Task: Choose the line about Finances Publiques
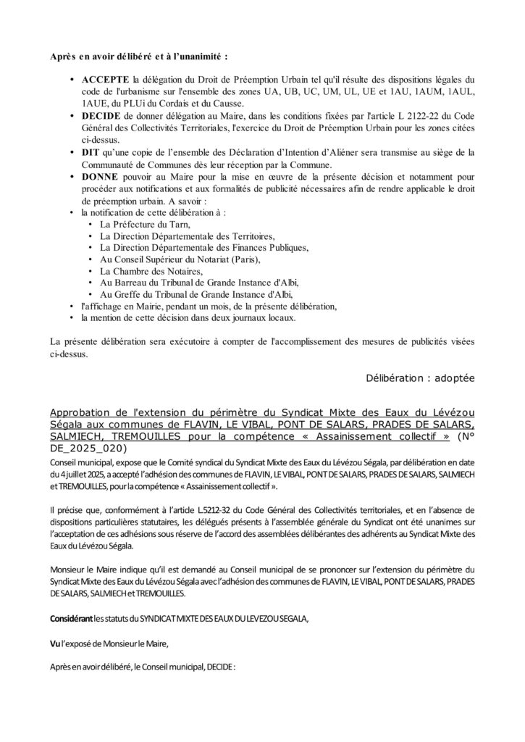204,247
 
